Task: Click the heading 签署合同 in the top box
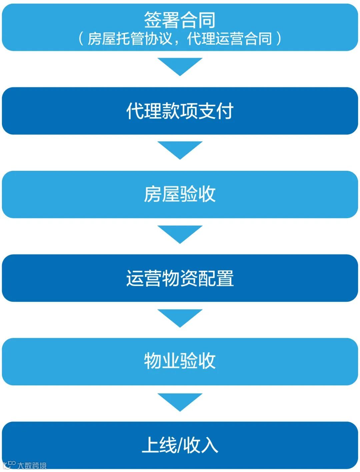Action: [x=180, y=20]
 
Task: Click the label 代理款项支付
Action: [x=180, y=111]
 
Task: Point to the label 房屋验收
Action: [x=180, y=194]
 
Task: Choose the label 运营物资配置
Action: [x=180, y=278]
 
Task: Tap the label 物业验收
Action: [x=180, y=361]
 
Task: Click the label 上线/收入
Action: [x=180, y=445]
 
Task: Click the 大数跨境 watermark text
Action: [x=32, y=465]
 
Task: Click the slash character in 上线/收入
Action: [x=180, y=445]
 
